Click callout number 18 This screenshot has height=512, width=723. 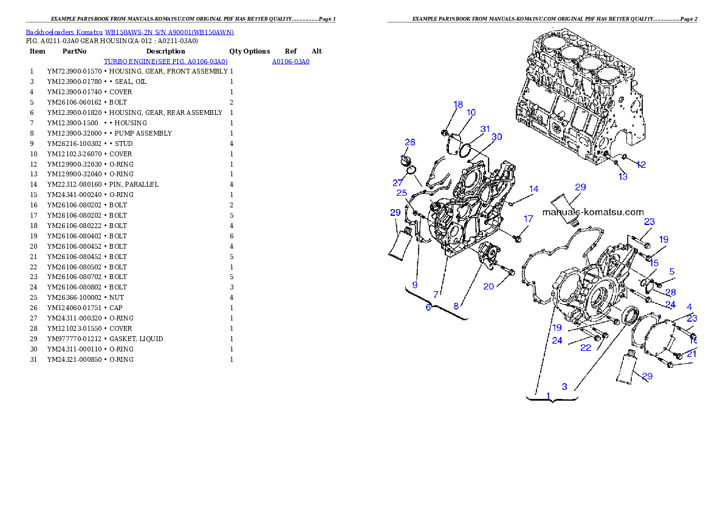[x=458, y=105]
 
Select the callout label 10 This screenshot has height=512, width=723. [x=471, y=112]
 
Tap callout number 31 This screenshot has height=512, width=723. [x=485, y=129]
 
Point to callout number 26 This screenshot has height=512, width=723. [x=410, y=142]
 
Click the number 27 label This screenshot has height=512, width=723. [x=398, y=182]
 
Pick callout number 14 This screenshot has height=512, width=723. [x=533, y=189]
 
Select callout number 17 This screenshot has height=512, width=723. [x=528, y=218]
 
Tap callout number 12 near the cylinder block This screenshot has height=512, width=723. [x=641, y=164]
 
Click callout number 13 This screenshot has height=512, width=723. [x=623, y=176]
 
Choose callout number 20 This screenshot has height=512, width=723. [x=488, y=286]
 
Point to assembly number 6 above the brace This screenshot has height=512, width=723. [x=428, y=308]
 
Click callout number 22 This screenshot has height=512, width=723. [x=585, y=348]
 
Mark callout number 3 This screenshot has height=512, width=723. [x=564, y=386]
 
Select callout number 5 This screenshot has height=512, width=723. [x=672, y=271]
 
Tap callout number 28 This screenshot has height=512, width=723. [x=671, y=292]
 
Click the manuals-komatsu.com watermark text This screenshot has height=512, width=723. [x=592, y=212]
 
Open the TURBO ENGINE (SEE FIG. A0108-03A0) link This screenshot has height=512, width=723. [x=165, y=62]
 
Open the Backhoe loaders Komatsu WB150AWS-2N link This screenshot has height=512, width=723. [x=129, y=32]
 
